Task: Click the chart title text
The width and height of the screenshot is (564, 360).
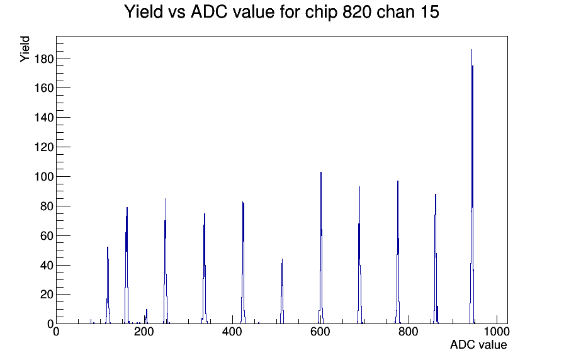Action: [x=281, y=12]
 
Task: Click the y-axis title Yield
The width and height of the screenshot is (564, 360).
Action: [x=25, y=49]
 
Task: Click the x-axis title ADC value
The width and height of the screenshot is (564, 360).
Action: [x=478, y=344]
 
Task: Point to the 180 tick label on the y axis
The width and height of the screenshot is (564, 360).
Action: [x=44, y=59]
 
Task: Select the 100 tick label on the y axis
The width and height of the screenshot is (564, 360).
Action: [x=44, y=177]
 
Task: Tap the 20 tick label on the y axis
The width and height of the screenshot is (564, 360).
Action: [x=47, y=295]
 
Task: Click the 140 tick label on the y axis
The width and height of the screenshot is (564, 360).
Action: [x=44, y=118]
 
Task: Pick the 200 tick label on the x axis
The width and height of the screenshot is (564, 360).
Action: [x=144, y=332]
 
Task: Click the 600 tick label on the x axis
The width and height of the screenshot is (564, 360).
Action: [x=320, y=332]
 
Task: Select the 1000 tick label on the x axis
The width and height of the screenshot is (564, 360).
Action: [x=497, y=332]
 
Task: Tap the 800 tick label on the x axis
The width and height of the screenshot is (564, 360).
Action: [x=409, y=332]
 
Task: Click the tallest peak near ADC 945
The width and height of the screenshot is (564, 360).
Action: [x=472, y=186]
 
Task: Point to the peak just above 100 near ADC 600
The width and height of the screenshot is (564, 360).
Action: [x=321, y=248]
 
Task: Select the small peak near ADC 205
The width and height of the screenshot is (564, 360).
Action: [x=146, y=317]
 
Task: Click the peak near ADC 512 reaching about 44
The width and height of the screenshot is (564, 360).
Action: [x=282, y=291]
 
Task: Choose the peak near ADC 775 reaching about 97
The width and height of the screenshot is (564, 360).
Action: [x=398, y=252]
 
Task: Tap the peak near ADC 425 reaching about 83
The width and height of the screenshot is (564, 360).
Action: [x=243, y=262]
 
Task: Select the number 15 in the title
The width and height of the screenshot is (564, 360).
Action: [x=429, y=12]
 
